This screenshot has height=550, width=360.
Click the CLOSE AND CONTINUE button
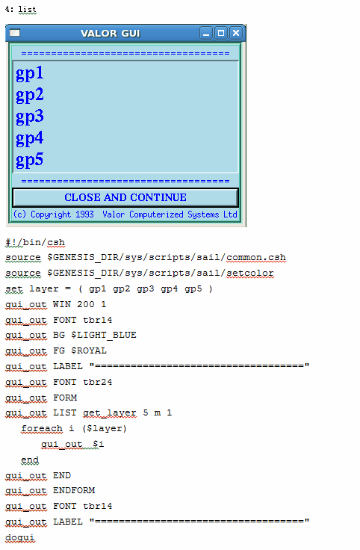(x=125, y=197)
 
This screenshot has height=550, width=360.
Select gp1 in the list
(x=29, y=73)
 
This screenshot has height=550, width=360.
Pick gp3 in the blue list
(x=29, y=117)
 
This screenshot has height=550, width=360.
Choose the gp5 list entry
(x=29, y=160)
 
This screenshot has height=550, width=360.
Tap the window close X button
(x=236, y=33)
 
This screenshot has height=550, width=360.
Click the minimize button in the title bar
(x=205, y=33)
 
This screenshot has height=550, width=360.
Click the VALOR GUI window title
(x=111, y=34)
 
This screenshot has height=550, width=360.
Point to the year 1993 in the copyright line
(x=84, y=214)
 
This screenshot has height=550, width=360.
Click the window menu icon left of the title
(x=15, y=33)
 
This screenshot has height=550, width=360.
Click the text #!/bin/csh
(x=35, y=242)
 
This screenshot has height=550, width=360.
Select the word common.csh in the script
(x=256, y=258)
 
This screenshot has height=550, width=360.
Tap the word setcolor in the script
(x=250, y=273)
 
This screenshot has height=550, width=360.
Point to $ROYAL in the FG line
(x=89, y=350)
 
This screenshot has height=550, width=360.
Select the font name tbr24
(x=97, y=382)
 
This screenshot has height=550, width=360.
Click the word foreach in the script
(x=42, y=429)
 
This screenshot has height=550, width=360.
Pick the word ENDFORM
(x=74, y=490)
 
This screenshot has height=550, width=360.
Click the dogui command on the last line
(x=20, y=537)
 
